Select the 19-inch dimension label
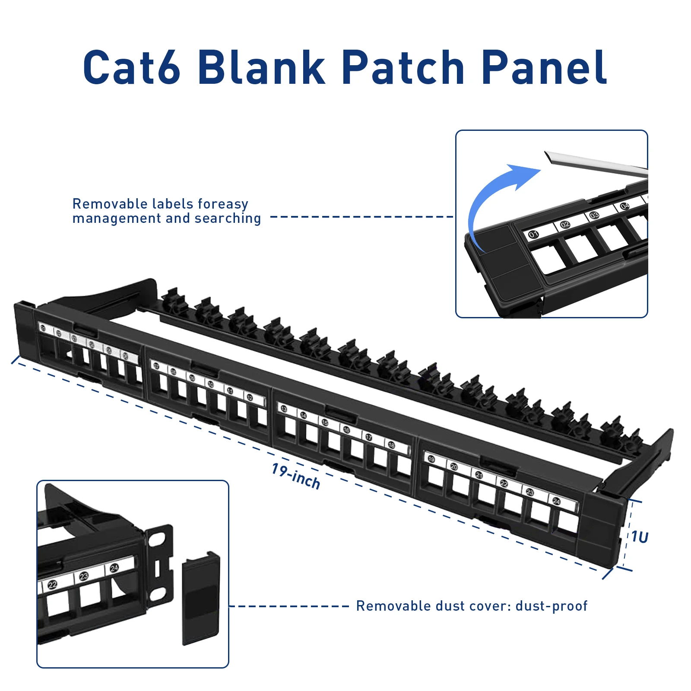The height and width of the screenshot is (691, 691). tap(296, 476)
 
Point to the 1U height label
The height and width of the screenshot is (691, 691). tap(640, 537)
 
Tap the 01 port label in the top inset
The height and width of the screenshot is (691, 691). tap(533, 235)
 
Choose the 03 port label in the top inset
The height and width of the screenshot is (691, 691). tap(594, 215)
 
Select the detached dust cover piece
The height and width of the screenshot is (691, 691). tap(201, 598)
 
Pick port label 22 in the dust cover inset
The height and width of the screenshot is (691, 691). tap(52, 585)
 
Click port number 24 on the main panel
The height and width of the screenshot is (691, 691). tap(556, 501)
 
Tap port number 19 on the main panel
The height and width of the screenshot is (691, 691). tap(431, 459)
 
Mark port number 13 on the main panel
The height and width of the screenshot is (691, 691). tap(284, 409)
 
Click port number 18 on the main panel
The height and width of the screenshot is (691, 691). tap(391, 445)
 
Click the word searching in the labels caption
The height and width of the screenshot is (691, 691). tap(228, 219)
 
